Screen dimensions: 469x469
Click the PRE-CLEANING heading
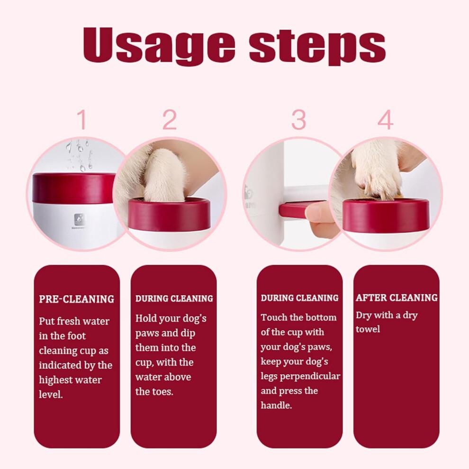76,299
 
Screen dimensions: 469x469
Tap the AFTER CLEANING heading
397,298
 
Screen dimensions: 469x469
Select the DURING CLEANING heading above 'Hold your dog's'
174,298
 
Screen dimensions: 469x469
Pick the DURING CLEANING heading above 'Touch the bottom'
299,298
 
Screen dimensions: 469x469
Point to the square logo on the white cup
80,218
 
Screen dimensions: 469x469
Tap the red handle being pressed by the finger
294,209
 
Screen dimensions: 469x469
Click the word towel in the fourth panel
368,329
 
